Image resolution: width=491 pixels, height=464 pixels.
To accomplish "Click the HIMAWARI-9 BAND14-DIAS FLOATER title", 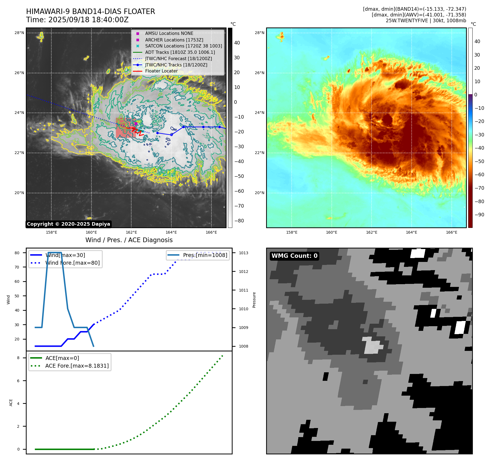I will pyautogui.click(x=90, y=12).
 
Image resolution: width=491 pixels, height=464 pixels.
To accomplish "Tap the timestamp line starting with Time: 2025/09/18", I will pyautogui.click(x=77, y=20).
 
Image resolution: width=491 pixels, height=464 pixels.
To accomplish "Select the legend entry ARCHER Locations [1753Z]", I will pyautogui.click(x=174, y=40).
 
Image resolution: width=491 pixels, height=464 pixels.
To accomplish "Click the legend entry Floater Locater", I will pyautogui.click(x=161, y=71).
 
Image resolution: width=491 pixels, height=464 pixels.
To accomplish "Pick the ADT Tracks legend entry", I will pyautogui.click(x=180, y=52).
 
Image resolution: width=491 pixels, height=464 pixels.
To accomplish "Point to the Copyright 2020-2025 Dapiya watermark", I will pyautogui.click(x=68, y=224).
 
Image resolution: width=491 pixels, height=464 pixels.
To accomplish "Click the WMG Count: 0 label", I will pyautogui.click(x=294, y=256).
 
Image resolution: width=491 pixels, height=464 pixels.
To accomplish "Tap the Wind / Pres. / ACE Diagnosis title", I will pyautogui.click(x=129, y=240).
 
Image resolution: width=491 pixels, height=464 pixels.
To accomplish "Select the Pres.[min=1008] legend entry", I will pyautogui.click(x=205, y=255).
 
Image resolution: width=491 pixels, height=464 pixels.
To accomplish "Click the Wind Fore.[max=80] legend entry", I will pyautogui.click(x=72, y=263).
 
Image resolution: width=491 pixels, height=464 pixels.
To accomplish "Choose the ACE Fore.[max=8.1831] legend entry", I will pyautogui.click(x=77, y=366).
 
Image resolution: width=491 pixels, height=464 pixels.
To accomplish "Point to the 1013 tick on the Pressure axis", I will pyautogui.click(x=243, y=253).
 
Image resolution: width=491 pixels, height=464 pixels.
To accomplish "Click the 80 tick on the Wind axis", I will pyautogui.click(x=17, y=253).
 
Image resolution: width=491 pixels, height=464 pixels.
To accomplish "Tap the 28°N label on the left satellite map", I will pyautogui.click(x=19, y=33).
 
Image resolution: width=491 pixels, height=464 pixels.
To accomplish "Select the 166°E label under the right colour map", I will pyautogui.click(x=451, y=233).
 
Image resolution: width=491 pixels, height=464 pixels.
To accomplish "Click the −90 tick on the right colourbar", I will pyautogui.click(x=479, y=215).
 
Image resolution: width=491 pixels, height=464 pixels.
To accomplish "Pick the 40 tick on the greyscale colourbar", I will pyautogui.click(x=237, y=43).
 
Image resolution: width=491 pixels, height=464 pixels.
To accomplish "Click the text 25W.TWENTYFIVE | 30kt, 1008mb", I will pyautogui.click(x=426, y=21).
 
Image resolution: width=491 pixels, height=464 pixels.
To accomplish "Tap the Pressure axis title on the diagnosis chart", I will pyautogui.click(x=254, y=300).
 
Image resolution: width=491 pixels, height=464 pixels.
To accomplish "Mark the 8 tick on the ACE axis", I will pyautogui.click(x=18, y=358).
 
